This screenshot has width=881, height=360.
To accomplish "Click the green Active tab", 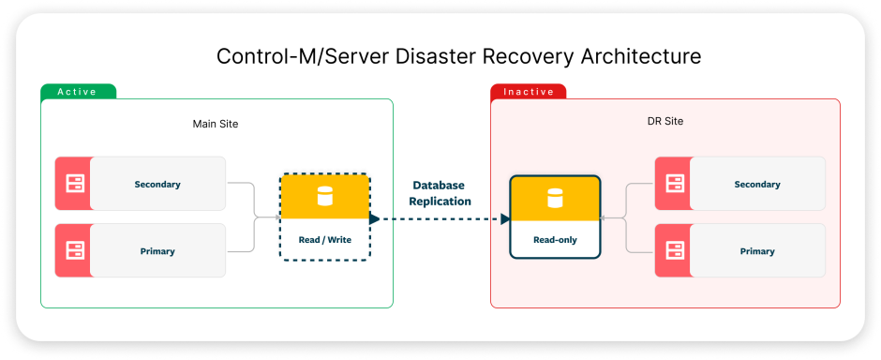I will [78, 92].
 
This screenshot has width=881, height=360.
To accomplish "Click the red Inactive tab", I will [528, 92].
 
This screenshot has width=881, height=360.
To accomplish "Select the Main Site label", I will [216, 124].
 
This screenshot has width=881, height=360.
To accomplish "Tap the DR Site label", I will [665, 122].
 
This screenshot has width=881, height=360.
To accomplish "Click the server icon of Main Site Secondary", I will [73, 184].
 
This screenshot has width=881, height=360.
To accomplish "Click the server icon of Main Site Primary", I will [73, 250].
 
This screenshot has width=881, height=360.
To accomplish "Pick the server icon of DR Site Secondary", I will [673, 184].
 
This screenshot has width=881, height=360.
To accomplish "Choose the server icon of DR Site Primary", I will [673, 250].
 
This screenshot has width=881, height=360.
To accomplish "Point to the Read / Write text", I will [325, 240].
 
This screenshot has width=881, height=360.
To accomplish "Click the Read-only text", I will [555, 240].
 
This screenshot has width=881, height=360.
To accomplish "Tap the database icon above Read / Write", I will [325, 197].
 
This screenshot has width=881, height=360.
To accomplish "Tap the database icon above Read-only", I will [555, 198].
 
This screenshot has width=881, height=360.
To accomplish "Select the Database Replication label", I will [440, 193].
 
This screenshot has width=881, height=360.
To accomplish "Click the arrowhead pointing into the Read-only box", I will [505, 219].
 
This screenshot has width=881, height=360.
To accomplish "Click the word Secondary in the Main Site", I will [157, 184].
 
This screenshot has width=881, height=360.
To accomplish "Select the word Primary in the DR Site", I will [757, 251].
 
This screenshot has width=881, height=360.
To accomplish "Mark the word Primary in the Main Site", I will [157, 251].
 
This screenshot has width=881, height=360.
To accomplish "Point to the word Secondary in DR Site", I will [757, 184].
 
